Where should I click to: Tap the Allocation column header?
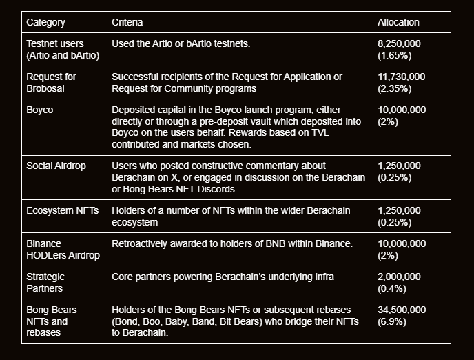click(x=398, y=22)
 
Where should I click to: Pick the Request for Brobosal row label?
click(x=52, y=82)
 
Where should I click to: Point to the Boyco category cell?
click(x=40, y=110)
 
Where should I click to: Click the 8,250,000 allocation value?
click(x=400, y=43)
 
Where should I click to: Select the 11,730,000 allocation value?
click(x=402, y=77)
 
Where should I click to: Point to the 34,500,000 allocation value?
click(x=402, y=310)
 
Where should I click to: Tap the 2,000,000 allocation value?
click(x=400, y=277)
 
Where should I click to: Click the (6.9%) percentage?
click(x=392, y=321)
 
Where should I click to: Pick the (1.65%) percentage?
click(x=395, y=54)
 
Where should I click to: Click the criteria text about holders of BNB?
click(x=232, y=243)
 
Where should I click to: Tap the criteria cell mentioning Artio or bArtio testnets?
click(x=181, y=43)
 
